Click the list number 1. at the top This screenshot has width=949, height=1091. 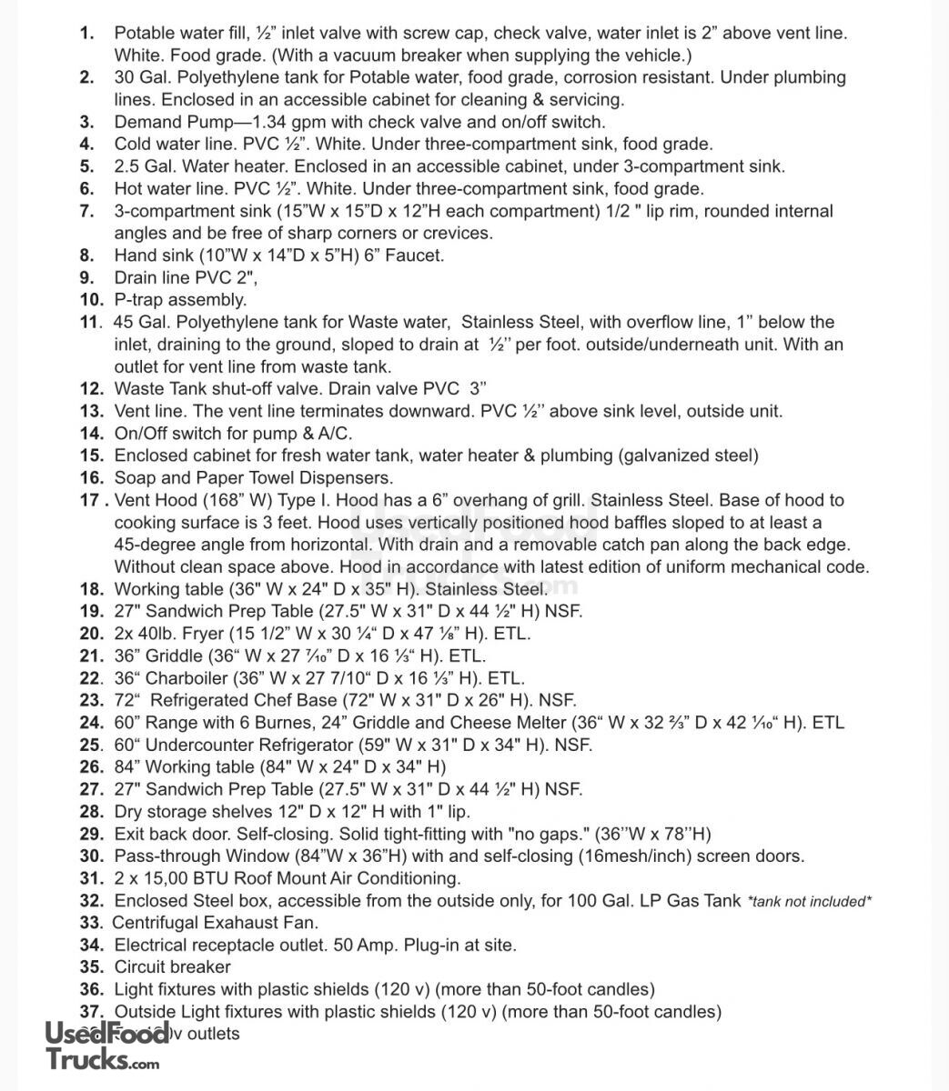87,34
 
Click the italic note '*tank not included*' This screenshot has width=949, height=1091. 809,902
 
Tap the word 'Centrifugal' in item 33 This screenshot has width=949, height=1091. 156,923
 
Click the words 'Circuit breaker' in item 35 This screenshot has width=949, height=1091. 172,967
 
